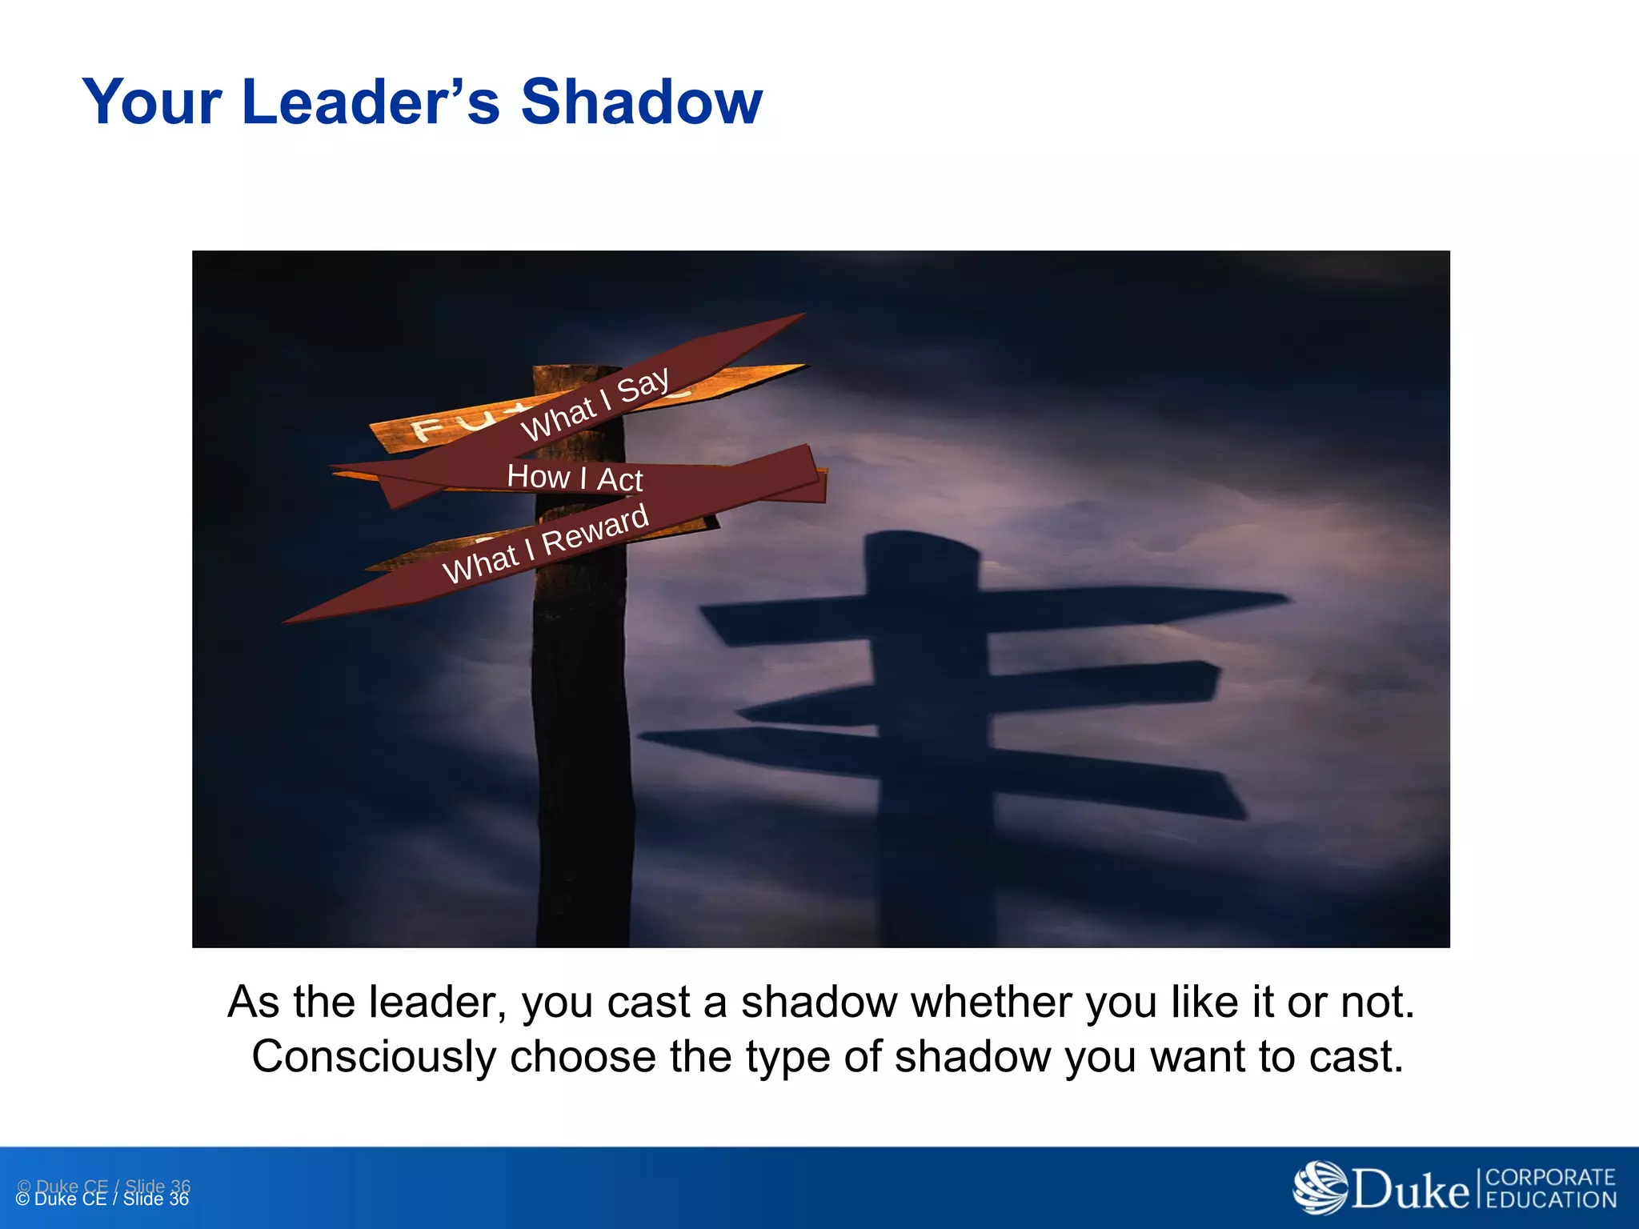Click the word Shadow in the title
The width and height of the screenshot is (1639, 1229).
(641, 102)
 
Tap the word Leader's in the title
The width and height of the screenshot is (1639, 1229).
(370, 102)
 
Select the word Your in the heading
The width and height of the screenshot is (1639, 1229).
(152, 102)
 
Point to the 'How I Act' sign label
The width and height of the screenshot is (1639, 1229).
(575, 478)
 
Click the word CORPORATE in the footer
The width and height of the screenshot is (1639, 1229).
(1550, 1178)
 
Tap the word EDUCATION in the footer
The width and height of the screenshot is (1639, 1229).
(1550, 1200)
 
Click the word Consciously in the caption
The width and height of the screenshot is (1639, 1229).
(374, 1057)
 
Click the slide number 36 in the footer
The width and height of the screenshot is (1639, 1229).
(178, 1199)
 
